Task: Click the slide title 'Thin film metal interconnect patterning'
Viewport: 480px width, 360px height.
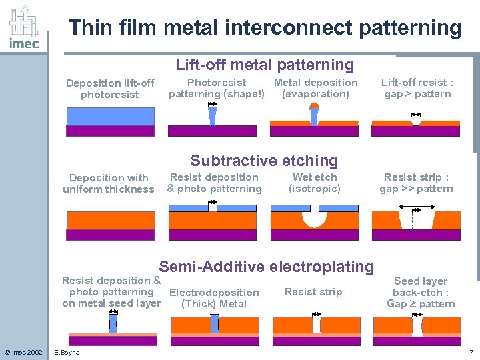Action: [265, 28]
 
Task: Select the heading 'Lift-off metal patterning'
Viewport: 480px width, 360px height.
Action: [265, 65]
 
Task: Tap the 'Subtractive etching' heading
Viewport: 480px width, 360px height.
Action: [264, 161]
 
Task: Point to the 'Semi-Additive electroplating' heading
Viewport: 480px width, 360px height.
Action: [266, 267]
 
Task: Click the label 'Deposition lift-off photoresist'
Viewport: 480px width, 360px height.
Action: [110, 89]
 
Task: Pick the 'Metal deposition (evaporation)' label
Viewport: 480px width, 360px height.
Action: [315, 88]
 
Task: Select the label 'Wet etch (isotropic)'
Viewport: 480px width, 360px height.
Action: [315, 183]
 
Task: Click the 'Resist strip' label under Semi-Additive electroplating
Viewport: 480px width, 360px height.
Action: [313, 292]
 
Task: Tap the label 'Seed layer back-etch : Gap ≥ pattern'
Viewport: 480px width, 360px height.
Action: [421, 293]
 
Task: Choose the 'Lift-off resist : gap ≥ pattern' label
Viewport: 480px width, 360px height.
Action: [417, 88]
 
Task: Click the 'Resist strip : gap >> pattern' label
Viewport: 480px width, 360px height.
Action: [416, 183]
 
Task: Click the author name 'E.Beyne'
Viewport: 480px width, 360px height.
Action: [67, 352]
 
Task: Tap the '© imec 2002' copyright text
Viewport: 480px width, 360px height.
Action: [23, 352]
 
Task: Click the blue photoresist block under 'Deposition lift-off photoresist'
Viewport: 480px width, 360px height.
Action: [111, 117]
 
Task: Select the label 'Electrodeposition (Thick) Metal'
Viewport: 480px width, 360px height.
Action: [214, 298]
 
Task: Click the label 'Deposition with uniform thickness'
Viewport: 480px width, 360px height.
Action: [109, 183]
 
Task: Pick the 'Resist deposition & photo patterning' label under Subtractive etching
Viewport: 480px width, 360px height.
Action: [214, 183]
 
